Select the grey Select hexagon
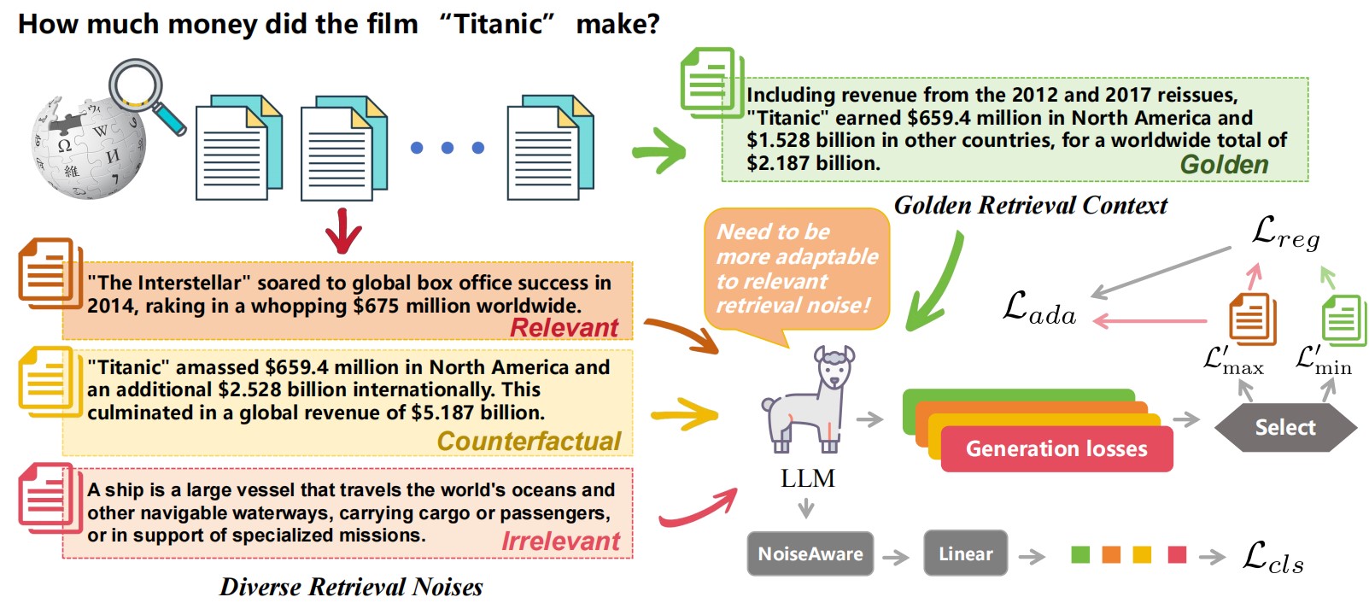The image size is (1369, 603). tap(1284, 428)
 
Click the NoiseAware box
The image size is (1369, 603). tap(810, 553)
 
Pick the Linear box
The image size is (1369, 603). tap(965, 553)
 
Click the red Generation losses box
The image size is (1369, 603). tap(1056, 449)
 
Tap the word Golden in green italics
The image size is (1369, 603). tap(1224, 165)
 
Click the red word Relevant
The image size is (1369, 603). tap(564, 328)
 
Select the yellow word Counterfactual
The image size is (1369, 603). tap(529, 442)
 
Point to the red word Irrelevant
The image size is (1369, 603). tap(560, 542)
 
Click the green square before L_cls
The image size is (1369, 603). tap(1080, 555)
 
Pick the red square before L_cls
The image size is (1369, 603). tap(1177, 555)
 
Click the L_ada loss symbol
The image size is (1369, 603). tap(1038, 308)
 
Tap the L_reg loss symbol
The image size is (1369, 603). tap(1285, 231)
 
